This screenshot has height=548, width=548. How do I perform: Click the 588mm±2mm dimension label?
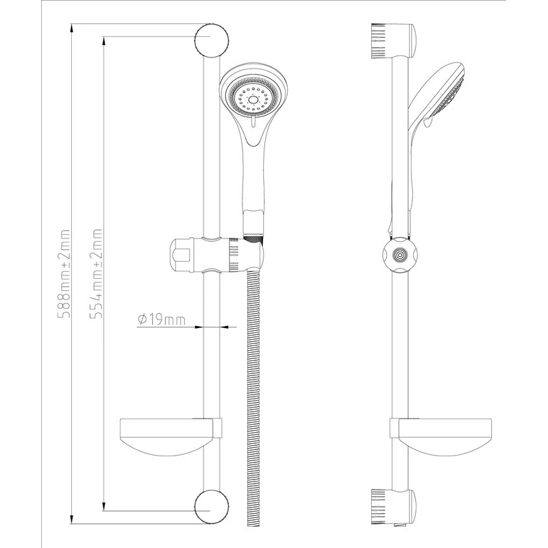coord(64,273)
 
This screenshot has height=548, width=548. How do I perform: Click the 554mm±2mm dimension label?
coord(96,273)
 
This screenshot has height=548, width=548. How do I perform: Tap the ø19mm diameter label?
coord(162,320)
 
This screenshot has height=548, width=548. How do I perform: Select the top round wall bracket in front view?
coord(212,40)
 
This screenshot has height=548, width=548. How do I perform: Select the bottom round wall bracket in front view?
coord(212,506)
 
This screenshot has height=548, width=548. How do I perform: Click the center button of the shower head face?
coord(253,100)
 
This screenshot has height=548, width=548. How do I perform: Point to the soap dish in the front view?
coord(171,437)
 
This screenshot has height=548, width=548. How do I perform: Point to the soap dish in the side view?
coord(441,437)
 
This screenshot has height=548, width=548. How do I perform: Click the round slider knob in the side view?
coord(399,255)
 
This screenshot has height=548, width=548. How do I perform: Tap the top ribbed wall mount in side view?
coord(393,40)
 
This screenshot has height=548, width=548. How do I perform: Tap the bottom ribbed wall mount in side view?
coord(393,507)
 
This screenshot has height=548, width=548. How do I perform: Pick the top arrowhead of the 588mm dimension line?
coord(71,28)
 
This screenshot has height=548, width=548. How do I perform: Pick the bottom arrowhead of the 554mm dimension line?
coord(103,506)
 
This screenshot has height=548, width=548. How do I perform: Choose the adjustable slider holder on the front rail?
coord(216,255)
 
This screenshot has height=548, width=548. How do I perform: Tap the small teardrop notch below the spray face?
coord(253,122)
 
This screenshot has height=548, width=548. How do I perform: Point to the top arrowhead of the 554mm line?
coord(103,41)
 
